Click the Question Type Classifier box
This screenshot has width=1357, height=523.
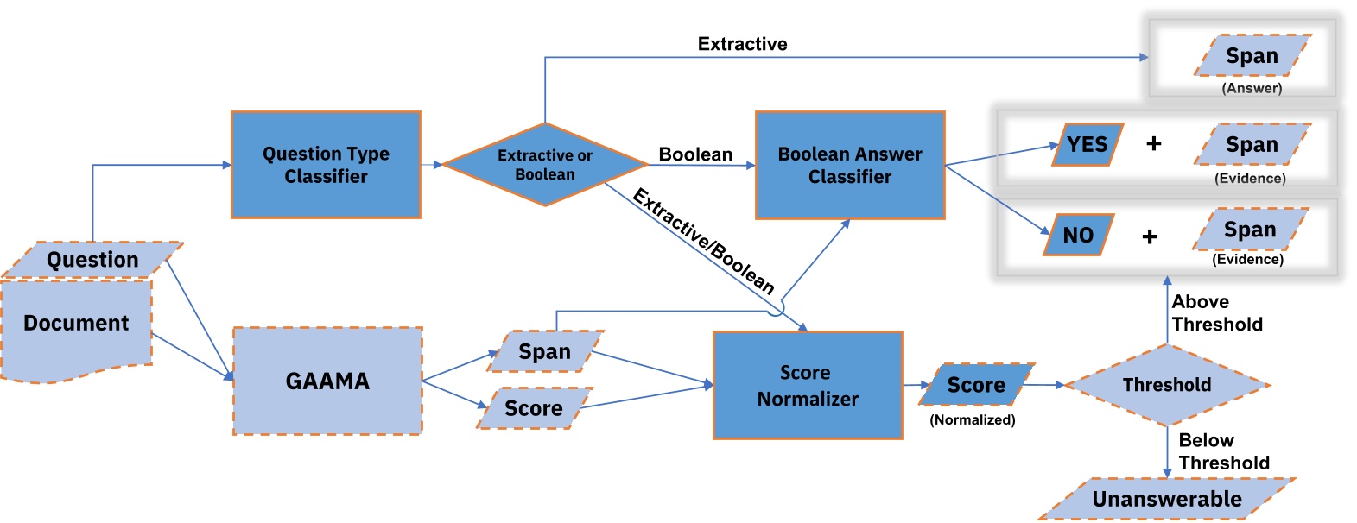pyautogui.click(x=326, y=165)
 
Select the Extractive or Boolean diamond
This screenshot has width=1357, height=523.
pyautogui.click(x=545, y=165)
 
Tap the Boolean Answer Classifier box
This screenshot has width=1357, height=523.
pyautogui.click(x=850, y=165)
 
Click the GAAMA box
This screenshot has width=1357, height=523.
pyautogui.click(x=327, y=381)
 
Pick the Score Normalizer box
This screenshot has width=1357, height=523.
pyautogui.click(x=808, y=385)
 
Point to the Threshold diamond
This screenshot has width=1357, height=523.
pyautogui.click(x=1167, y=385)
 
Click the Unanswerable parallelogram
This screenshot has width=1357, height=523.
pyautogui.click(x=1166, y=499)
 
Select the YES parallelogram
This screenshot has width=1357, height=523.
pyautogui.click(x=1088, y=145)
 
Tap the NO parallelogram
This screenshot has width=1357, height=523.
pyautogui.click(x=1078, y=235)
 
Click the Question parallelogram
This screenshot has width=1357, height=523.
pyautogui.click(x=92, y=260)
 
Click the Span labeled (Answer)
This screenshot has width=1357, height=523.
pyautogui.click(x=1252, y=56)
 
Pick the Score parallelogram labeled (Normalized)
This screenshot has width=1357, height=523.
pyautogui.click(x=976, y=385)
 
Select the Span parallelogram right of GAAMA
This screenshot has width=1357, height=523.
pyautogui.click(x=544, y=351)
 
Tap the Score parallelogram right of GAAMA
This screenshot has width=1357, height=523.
pyautogui.click(x=534, y=408)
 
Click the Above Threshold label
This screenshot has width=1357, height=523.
pyautogui.click(x=1216, y=313)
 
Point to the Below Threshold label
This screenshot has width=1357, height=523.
pyautogui.click(x=1223, y=451)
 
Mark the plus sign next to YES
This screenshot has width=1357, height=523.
pyautogui.click(x=1154, y=143)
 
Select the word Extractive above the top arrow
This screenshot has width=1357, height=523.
pyautogui.click(x=742, y=44)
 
